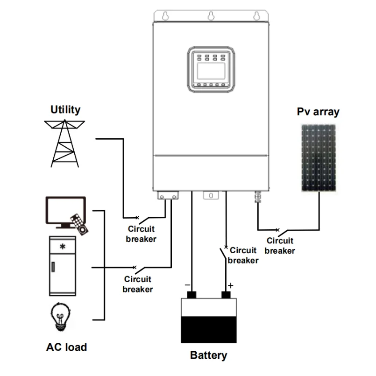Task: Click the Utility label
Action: click(x=65, y=110)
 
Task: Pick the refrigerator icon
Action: click(x=63, y=265)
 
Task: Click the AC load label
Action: click(x=66, y=347)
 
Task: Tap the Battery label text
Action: click(x=208, y=355)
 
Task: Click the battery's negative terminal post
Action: click(x=192, y=295)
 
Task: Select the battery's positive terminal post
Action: click(x=227, y=295)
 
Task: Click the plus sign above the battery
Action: click(x=230, y=285)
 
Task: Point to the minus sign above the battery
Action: click(x=188, y=284)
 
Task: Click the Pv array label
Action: click(x=318, y=112)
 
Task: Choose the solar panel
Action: click(x=318, y=157)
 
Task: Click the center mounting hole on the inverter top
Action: click(x=210, y=15)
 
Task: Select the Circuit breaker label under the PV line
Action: click(x=280, y=246)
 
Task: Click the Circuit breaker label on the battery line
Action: click(x=243, y=255)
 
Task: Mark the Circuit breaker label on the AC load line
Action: click(x=138, y=284)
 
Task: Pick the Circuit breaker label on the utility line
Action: click(x=141, y=234)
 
